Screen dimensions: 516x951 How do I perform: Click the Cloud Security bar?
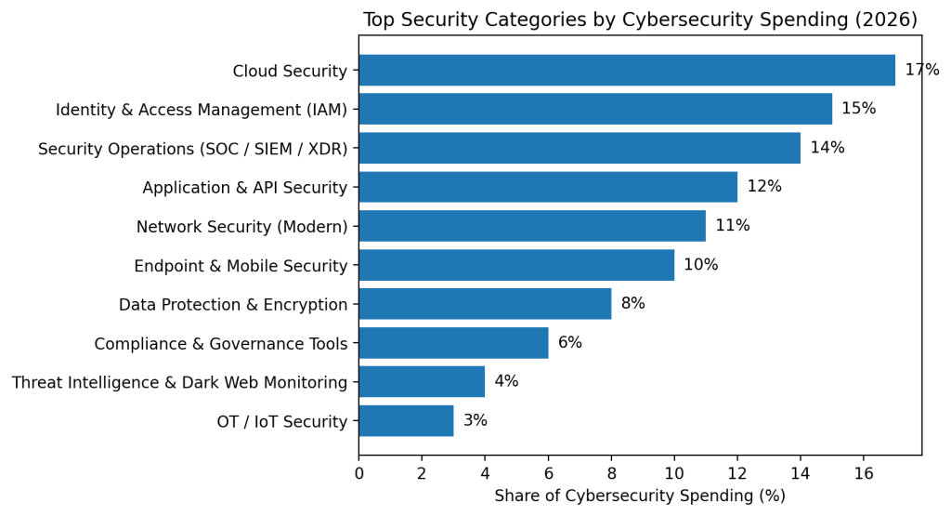(627, 71)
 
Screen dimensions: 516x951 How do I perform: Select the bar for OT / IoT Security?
(406, 421)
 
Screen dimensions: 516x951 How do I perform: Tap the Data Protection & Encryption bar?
(485, 304)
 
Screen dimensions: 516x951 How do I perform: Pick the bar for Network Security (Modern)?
(532, 226)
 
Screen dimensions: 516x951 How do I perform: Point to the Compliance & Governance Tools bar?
(453, 343)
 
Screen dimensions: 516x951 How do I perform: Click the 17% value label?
(921, 71)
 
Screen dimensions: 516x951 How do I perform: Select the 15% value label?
(858, 109)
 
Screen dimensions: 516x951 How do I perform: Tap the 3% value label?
(475, 421)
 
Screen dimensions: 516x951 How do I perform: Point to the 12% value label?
(764, 187)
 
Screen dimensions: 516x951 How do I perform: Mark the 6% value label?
(569, 343)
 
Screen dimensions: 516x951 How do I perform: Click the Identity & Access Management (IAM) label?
(202, 110)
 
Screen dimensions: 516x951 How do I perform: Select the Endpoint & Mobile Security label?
(241, 266)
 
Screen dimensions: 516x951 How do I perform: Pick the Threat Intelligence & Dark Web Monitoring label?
(179, 382)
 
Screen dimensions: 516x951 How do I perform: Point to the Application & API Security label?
(244, 188)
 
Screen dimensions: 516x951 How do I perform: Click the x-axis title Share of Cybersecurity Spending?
(640, 496)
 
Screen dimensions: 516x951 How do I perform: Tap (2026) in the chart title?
(885, 20)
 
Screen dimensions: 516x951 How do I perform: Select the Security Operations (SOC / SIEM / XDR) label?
(192, 149)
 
